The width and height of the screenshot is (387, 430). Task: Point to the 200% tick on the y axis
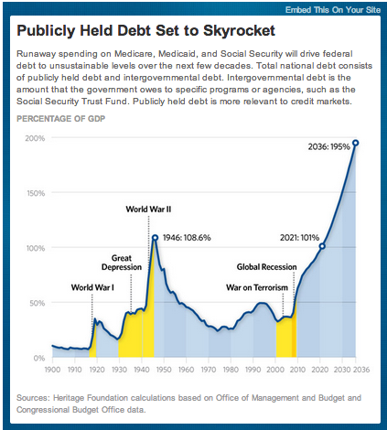point(35,138)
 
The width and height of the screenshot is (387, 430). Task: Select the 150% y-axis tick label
point(35,193)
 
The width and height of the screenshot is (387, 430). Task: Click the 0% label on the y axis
point(38,358)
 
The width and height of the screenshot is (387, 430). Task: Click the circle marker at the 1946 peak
point(156,238)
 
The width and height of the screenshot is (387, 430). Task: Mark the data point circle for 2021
point(322,246)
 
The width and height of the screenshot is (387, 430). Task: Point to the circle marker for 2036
point(355,143)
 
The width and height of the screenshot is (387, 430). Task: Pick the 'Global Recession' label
point(267,267)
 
